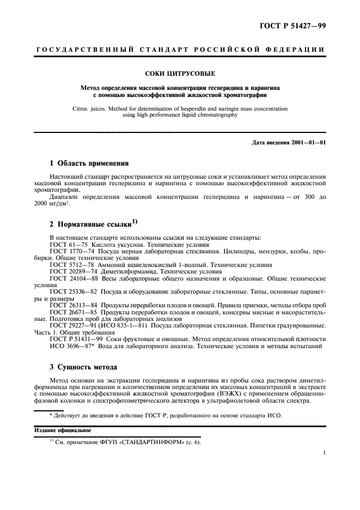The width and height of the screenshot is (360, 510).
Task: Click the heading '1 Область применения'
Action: [86, 163]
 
